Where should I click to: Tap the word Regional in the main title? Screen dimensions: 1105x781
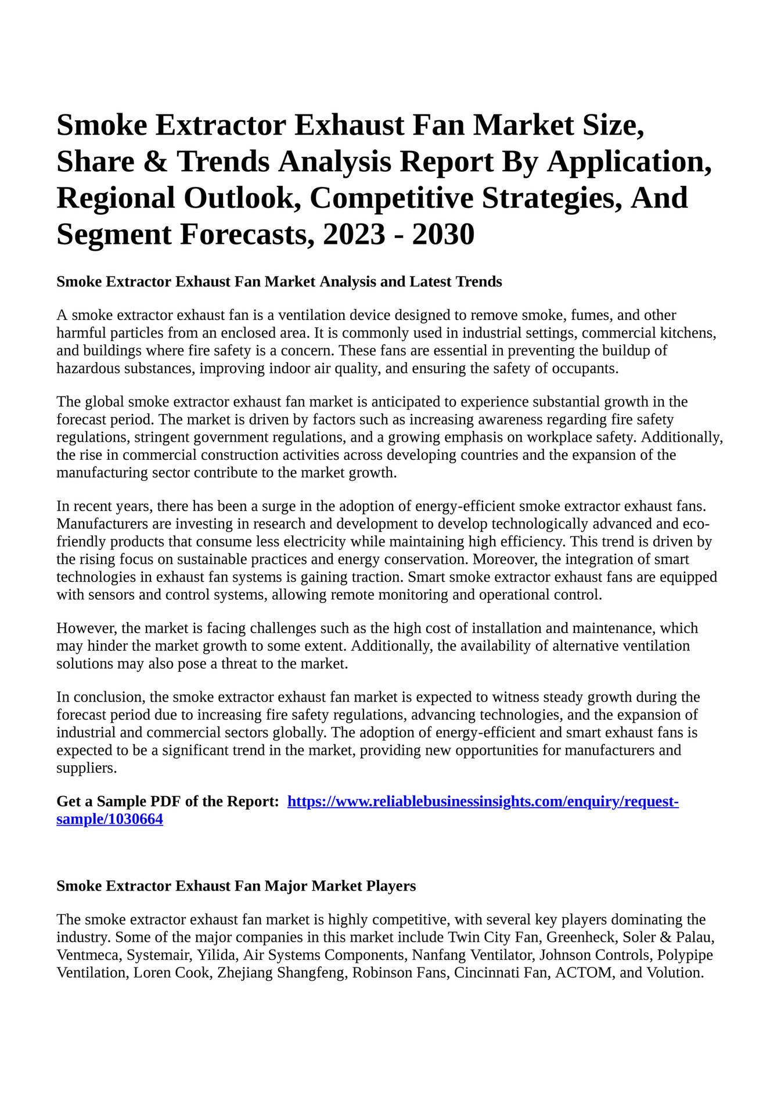click(x=116, y=199)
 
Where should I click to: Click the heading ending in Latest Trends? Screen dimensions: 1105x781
click(x=279, y=282)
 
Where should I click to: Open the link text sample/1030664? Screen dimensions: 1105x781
click(x=109, y=820)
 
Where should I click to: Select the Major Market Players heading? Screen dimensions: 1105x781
click(x=236, y=886)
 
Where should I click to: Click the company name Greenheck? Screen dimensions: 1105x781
click(x=580, y=938)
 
